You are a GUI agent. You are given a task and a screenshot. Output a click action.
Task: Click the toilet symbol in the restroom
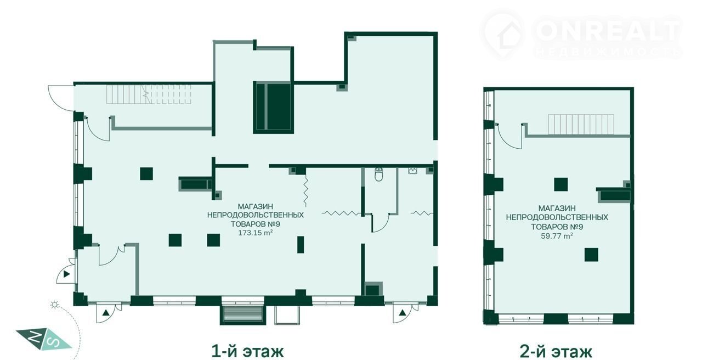coord(378,175)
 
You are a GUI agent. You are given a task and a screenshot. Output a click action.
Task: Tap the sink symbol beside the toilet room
coord(412,171)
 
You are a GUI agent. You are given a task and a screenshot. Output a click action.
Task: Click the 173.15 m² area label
coord(255,233)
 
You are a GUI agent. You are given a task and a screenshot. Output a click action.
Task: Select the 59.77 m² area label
coord(557,236)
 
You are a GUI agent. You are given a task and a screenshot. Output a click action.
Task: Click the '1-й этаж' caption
coord(247,351)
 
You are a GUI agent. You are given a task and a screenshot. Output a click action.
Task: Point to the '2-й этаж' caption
coord(556,352)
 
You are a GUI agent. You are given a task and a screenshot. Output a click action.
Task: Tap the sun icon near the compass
coord(55,305)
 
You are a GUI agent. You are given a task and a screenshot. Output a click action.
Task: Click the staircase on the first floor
coord(149,94)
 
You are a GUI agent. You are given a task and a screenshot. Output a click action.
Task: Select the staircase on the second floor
coord(581,125)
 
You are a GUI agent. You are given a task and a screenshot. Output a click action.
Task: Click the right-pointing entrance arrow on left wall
coord(66,274)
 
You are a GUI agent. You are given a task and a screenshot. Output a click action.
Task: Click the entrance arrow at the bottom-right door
coord(402,312)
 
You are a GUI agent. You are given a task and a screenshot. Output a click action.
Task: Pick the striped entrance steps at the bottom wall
coord(242,315)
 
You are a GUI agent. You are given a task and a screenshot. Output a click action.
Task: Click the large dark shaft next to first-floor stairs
coord(274,107)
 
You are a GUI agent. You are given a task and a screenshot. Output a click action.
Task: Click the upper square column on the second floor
coord(561,184)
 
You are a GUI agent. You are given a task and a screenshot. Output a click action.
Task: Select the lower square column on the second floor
coord(591,255)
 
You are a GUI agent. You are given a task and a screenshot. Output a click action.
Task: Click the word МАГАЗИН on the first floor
coord(256,207)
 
